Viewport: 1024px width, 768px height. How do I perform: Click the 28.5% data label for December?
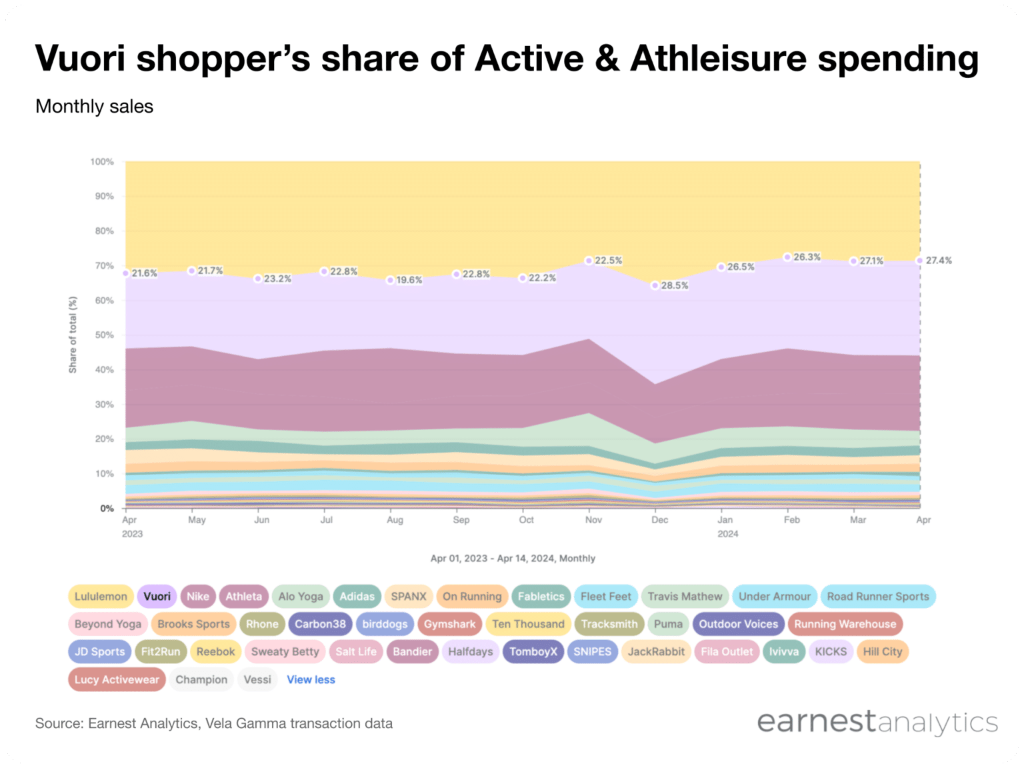point(674,285)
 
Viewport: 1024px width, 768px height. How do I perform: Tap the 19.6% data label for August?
point(409,280)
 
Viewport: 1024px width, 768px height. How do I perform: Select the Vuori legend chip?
point(157,597)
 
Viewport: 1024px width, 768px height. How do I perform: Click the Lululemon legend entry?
point(101,597)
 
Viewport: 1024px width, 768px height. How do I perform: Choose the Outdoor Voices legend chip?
point(738,624)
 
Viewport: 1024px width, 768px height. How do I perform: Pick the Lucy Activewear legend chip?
point(117,679)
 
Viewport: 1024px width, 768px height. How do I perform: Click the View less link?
point(311,679)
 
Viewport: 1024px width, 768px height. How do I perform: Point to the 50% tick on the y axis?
point(103,335)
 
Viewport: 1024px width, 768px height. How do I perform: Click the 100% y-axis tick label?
point(101,162)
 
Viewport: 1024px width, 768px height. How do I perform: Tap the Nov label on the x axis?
point(593,519)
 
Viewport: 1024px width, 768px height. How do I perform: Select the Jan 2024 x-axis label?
point(726,526)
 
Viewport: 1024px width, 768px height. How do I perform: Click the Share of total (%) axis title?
point(73,335)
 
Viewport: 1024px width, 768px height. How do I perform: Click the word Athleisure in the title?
point(719,58)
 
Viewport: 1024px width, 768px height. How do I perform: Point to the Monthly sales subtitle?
point(94,107)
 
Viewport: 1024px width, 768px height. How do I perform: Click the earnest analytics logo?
point(877,722)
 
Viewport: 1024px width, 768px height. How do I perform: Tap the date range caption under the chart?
point(513,558)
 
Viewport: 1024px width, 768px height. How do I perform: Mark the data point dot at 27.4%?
point(920,261)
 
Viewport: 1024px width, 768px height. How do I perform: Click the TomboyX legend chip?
point(533,651)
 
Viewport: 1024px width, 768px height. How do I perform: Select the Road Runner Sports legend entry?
point(877,597)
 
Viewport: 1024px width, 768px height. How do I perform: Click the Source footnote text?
point(213,723)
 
